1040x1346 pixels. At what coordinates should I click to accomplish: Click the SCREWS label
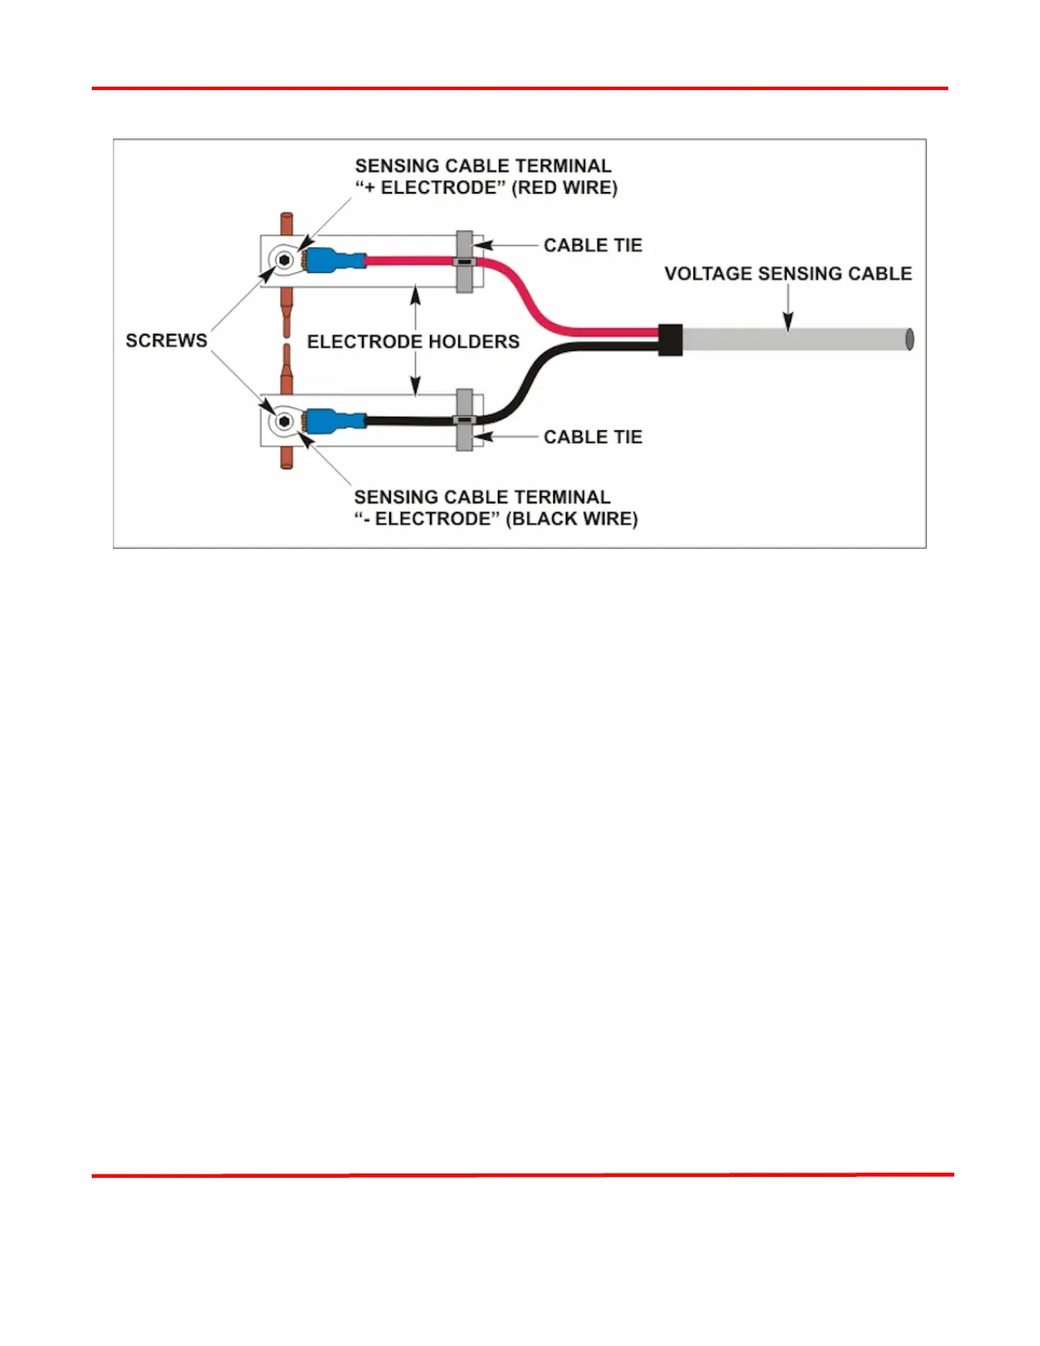point(167,341)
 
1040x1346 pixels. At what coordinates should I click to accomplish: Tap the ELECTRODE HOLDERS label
point(413,342)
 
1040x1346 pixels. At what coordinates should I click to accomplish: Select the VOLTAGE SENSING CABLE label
point(788,274)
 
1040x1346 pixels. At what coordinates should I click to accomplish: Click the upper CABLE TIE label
point(592,246)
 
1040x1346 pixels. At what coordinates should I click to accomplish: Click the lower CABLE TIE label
point(592,437)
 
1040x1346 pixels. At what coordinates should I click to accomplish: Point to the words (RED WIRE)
point(564,188)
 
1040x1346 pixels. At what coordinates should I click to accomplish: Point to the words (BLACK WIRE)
point(571,519)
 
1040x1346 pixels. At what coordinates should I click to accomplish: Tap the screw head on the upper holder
point(285,260)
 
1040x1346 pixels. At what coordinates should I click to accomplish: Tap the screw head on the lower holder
point(285,421)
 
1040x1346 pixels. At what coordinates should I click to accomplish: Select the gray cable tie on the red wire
point(465,262)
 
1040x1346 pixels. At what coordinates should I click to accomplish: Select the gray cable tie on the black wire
point(465,420)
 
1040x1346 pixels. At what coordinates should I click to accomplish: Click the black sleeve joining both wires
point(670,340)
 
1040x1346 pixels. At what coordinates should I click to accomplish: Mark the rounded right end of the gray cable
point(909,340)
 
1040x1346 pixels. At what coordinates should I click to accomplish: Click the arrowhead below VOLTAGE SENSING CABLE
point(788,322)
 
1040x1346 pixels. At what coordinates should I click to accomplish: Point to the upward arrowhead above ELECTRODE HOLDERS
point(415,295)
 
